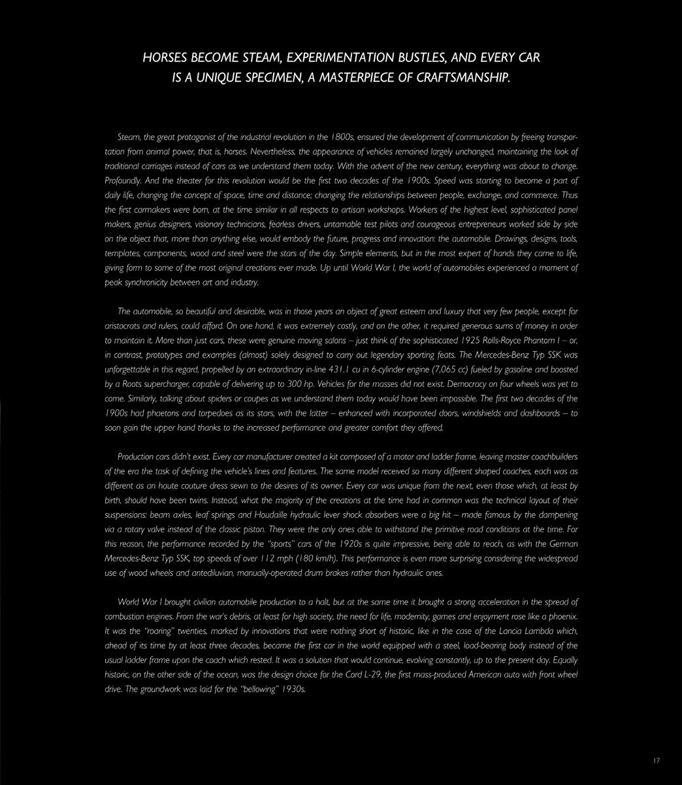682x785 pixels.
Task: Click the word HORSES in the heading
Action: tap(163, 58)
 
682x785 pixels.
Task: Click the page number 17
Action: tap(657, 761)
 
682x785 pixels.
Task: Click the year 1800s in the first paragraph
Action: tap(342, 137)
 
